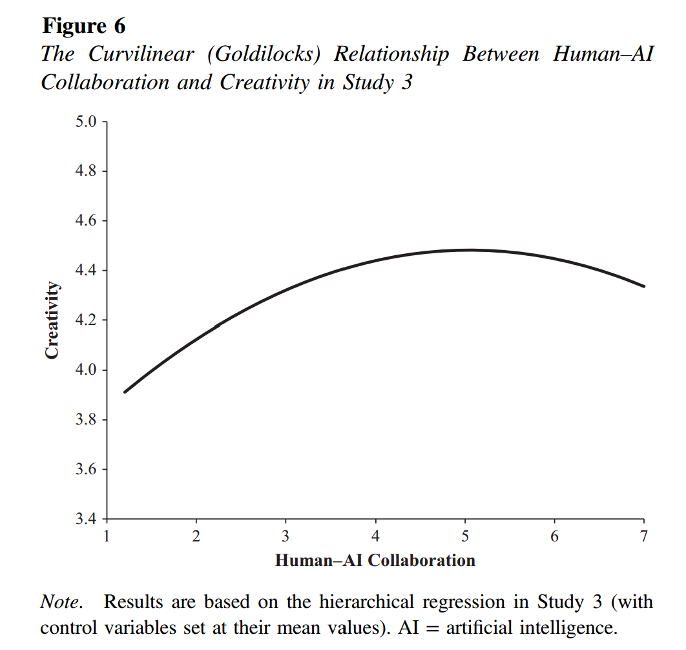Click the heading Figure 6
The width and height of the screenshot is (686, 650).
83,26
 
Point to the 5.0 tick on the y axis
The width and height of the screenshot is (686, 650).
86,121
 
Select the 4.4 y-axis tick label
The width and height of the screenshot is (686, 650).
86,271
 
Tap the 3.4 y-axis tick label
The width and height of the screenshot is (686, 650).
86,519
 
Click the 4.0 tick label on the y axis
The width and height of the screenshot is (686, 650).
86,370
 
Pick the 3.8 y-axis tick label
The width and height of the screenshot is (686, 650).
86,420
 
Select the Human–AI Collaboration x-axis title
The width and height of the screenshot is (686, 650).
375,560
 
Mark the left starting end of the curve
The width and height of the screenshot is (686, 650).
125,392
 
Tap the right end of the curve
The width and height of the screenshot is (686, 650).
643,286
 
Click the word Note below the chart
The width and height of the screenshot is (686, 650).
60,602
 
